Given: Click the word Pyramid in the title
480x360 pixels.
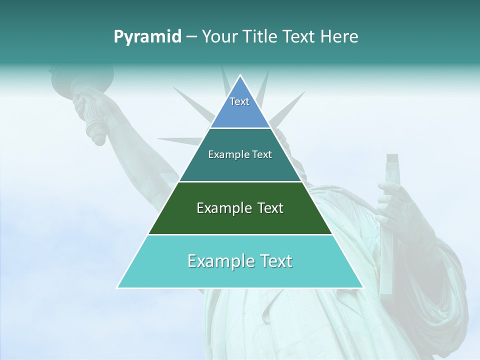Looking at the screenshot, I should click(147, 37).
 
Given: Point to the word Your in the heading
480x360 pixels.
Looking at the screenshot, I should click(220, 36).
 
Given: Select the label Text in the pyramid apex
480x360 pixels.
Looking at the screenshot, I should click(239, 101).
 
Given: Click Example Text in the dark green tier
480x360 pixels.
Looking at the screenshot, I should click(240, 208).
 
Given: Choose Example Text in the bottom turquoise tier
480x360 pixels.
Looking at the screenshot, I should click(240, 261).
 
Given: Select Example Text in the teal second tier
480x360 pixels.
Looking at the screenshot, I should click(240, 154).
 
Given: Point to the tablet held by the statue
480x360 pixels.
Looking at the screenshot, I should click(390, 225).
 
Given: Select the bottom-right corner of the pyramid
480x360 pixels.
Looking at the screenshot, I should click(363, 287).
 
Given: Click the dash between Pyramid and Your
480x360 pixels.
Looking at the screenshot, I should click(191, 37).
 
